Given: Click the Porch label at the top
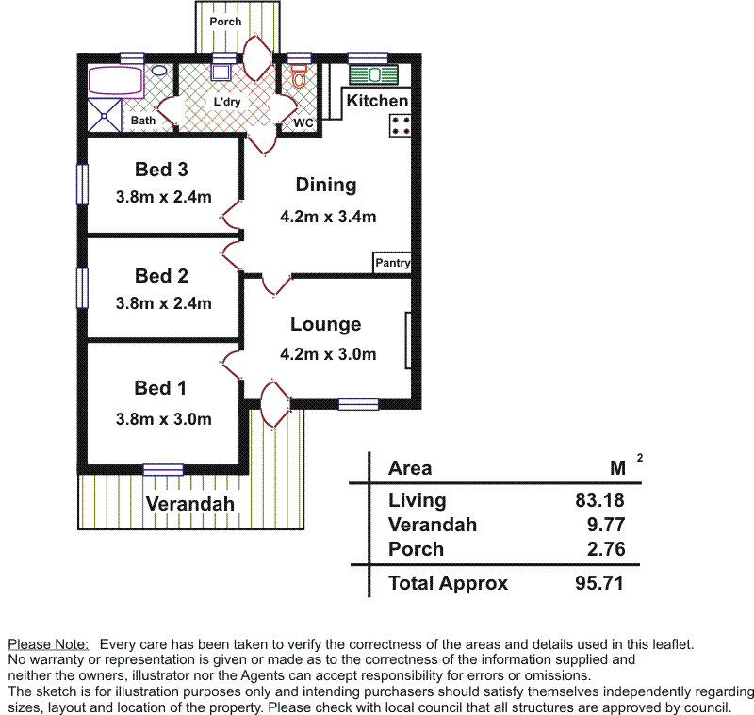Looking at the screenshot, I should (x=225, y=21).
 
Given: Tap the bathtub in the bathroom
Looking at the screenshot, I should (x=115, y=81).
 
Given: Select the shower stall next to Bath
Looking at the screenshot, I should (x=105, y=115).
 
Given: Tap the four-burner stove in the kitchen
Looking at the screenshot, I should (x=400, y=124).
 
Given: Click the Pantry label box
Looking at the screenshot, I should (x=392, y=263).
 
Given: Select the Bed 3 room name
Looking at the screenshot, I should (x=161, y=170).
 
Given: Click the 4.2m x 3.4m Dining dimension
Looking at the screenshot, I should (x=328, y=217).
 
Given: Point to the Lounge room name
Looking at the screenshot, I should (x=325, y=324).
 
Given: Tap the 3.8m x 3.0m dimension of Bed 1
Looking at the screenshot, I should (x=163, y=419).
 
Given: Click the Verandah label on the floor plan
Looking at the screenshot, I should (x=189, y=504).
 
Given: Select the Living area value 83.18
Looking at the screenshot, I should (x=599, y=500).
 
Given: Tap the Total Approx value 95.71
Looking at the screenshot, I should (x=599, y=583).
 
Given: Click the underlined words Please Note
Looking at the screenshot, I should (x=48, y=644).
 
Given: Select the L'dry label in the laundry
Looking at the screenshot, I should (x=227, y=102).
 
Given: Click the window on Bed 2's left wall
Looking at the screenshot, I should (x=83, y=287).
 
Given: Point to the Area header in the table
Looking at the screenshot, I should (x=410, y=468).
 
